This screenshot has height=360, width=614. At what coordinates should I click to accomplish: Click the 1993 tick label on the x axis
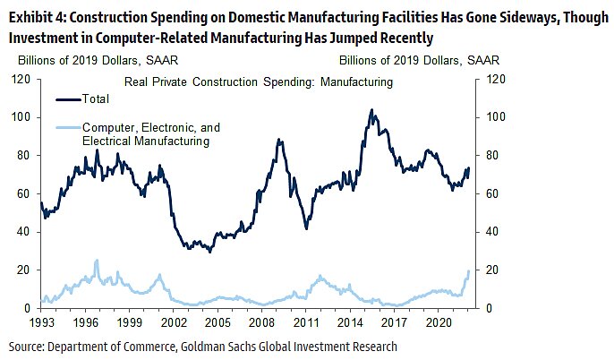point(42,320)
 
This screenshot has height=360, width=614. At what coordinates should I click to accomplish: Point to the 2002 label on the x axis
point(175,320)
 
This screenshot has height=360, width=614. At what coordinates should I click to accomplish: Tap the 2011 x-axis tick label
point(307,320)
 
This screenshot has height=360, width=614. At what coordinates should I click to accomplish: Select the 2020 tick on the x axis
point(439,320)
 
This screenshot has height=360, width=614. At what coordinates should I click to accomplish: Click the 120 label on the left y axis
point(22,79)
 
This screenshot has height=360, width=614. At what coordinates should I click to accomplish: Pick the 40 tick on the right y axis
point(492,232)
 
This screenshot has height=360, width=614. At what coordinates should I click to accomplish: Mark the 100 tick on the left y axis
point(22,117)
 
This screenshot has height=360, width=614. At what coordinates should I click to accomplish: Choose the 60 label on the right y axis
point(492,193)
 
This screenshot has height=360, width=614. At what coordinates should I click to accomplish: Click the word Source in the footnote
point(27,346)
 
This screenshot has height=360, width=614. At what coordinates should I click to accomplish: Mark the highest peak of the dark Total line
point(371,110)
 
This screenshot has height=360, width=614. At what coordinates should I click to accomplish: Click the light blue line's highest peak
point(97,260)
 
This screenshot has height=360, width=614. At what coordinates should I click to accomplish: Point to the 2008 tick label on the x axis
point(262,320)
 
